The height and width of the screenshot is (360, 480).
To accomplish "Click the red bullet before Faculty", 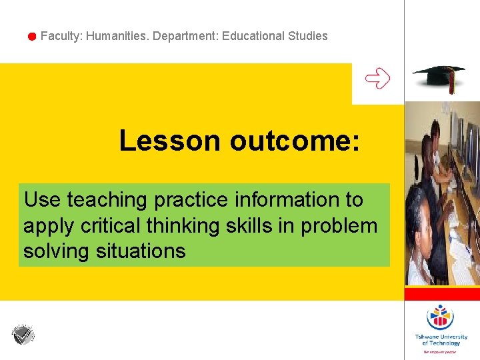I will pos(31,37).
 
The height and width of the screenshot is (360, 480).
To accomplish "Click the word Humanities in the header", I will pos(117,36).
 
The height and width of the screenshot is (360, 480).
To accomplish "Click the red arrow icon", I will pos(377,79).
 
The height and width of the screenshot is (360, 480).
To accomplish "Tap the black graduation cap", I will pos(438,77).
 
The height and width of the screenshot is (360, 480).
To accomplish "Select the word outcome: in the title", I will pos(295,141).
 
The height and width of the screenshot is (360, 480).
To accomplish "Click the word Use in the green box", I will pos(42,199).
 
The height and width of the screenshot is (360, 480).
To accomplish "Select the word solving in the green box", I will pos(57,251).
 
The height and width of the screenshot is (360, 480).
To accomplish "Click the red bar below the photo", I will pos(442,294).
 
